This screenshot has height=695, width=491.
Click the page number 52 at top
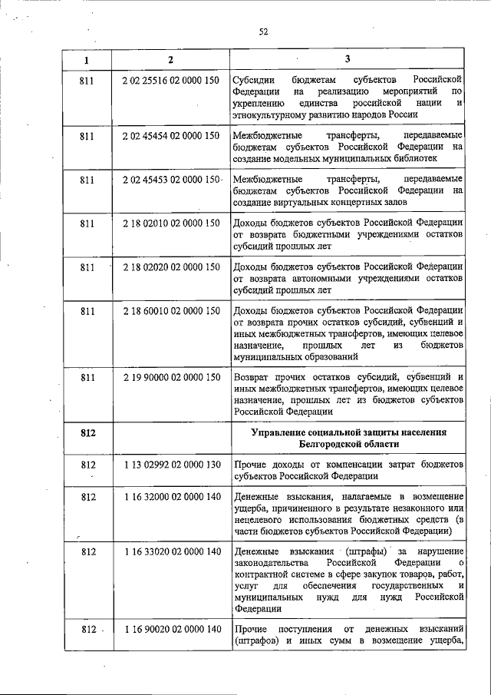[x=263, y=31]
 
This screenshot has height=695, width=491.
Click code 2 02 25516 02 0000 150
[x=171, y=80]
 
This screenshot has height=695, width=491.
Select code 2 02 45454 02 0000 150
[x=171, y=136]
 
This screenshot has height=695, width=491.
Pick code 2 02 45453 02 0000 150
[x=171, y=180]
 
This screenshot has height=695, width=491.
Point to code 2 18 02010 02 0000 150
[x=171, y=223]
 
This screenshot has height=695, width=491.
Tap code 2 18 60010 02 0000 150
[x=171, y=311]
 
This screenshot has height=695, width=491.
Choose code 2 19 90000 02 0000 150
[x=171, y=378]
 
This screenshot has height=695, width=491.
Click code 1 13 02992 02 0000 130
[x=171, y=465]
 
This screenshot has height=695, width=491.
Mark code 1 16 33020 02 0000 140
[x=171, y=552]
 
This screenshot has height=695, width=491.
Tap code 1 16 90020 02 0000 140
[x=171, y=630]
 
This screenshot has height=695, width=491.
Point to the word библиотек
[x=412, y=159]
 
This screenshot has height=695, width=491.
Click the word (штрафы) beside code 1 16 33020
[x=364, y=552]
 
